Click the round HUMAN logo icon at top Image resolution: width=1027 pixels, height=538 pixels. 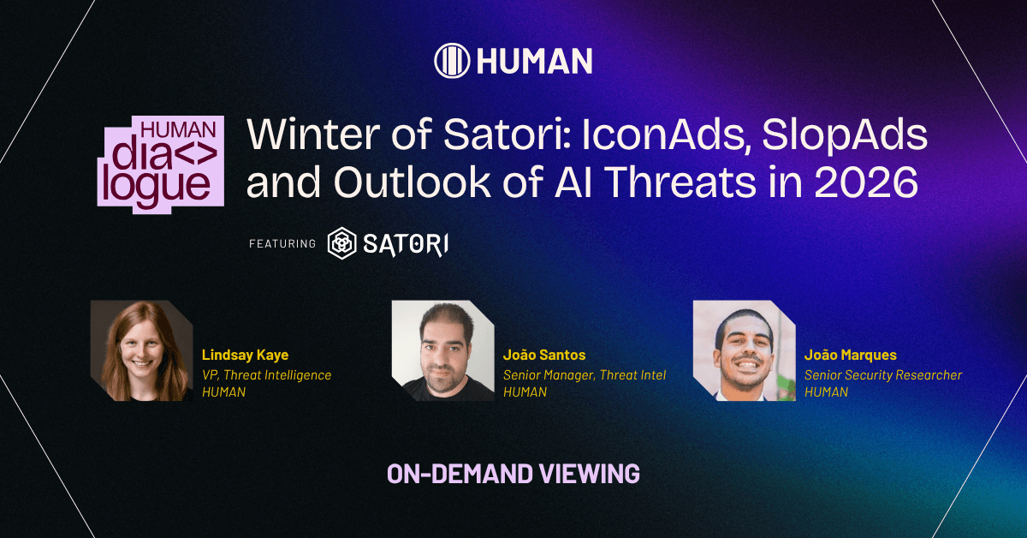click(452, 61)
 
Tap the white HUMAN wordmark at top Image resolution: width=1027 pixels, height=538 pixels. click(535, 61)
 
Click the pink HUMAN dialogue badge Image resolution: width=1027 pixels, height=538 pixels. click(161, 164)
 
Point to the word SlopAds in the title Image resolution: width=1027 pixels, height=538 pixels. click(845, 135)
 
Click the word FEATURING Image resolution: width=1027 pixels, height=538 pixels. click(282, 244)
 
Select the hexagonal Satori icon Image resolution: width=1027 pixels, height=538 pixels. click(342, 243)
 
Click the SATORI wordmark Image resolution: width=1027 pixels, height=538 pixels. click(406, 244)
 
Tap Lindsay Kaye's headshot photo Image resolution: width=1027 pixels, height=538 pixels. click(142, 350)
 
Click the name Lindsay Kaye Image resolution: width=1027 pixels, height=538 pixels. click(246, 355)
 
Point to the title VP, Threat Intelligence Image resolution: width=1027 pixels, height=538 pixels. click(266, 375)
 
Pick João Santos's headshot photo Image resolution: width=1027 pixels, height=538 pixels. click(443, 350)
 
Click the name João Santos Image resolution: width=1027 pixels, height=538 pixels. click(544, 355)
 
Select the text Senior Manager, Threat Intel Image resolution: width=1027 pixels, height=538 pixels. click(585, 375)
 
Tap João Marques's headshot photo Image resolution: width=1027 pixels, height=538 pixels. click(744, 350)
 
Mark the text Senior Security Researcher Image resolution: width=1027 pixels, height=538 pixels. click(883, 375)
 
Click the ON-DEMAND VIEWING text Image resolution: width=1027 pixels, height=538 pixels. click(513, 474)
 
